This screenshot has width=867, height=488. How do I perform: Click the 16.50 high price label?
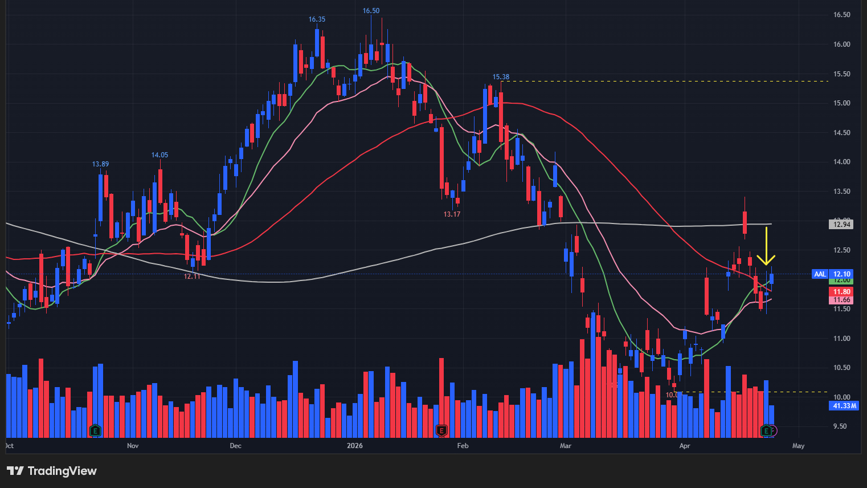pos(371,11)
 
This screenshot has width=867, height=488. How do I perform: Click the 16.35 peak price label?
pos(317,19)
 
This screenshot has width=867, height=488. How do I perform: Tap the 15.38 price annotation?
pos(501,77)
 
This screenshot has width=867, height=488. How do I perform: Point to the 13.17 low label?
pos(452,214)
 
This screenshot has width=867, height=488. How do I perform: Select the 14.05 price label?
pos(160,155)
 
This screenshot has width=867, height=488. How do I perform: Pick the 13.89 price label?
pos(100,164)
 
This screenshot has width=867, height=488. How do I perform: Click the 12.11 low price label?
pos(192,276)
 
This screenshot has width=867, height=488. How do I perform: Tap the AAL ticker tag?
pos(820,274)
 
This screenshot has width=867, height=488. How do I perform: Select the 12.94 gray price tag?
pos(841,225)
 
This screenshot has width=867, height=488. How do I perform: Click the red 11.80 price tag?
pos(841,292)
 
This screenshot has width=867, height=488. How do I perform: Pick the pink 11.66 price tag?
pos(841,300)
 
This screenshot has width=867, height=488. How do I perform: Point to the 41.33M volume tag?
pos(844,406)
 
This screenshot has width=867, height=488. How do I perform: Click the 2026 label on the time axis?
pos(355,446)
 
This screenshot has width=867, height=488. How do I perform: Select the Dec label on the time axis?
pos(235,446)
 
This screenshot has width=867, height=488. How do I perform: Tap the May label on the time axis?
pos(798,446)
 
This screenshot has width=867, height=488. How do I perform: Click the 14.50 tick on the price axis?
pos(841,133)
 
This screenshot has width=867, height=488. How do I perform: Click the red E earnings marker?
pos(441,430)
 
